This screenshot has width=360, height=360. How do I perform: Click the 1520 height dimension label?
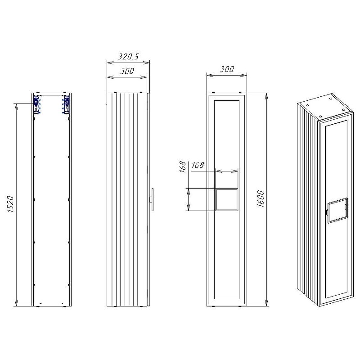click(x=11, y=204)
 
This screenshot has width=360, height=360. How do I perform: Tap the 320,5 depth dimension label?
click(x=128, y=56)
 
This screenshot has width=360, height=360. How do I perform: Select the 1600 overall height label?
click(x=261, y=199)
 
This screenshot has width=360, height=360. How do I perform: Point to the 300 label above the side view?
click(x=127, y=71)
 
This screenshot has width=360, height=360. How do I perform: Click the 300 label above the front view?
click(x=227, y=69)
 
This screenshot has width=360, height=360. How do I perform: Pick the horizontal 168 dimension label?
click(x=198, y=165)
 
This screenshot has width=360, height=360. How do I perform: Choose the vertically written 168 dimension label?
click(x=183, y=166)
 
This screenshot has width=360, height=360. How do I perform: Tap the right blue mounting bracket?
click(x=66, y=104)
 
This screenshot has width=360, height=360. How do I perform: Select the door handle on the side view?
click(x=152, y=199)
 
